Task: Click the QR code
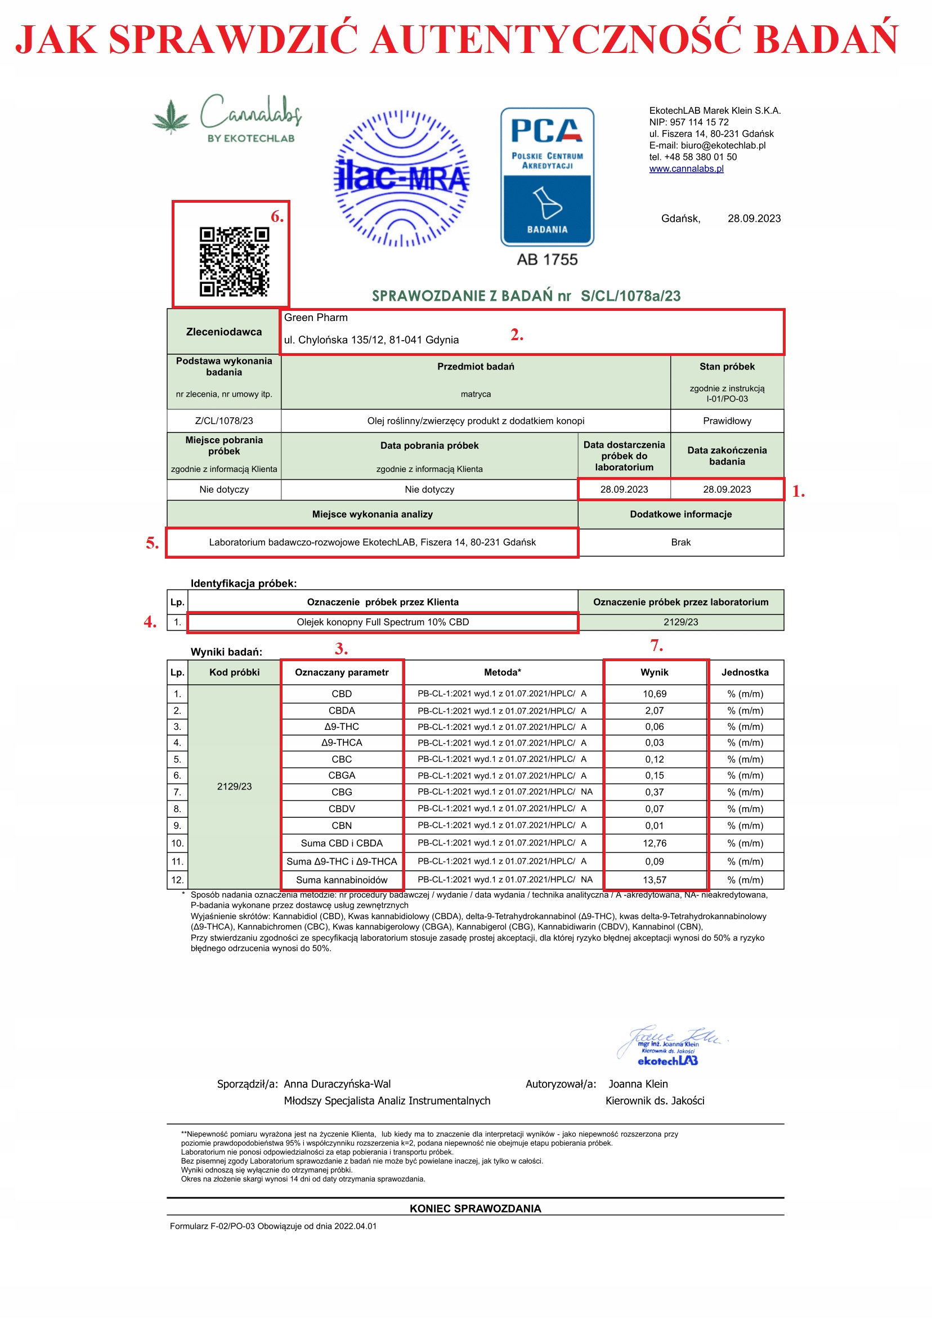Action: pos(234,261)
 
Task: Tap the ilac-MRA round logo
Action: pos(401,178)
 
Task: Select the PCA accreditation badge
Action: pos(546,177)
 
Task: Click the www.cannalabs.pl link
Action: pos(686,169)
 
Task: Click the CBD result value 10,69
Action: pos(654,694)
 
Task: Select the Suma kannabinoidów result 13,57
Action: pos(654,880)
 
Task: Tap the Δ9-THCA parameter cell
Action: pos(342,743)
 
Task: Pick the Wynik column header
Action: pos(654,672)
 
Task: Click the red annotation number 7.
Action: pos(656,646)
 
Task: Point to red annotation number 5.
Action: pos(151,543)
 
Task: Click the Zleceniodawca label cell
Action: pos(224,332)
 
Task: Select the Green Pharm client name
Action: pos(316,318)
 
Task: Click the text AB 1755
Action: pos(546,260)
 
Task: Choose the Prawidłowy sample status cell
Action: pos(727,421)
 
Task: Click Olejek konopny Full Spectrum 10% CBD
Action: pos(383,622)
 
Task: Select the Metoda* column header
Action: pos(503,672)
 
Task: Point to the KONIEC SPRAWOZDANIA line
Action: pos(475,1209)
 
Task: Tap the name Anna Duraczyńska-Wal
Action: pos(337,1084)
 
